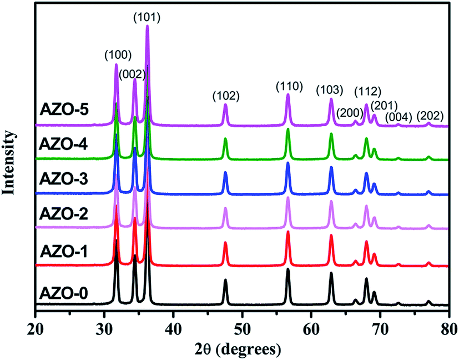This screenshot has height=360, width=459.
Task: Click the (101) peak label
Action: click(x=148, y=17)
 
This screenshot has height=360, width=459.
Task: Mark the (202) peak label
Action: click(x=430, y=116)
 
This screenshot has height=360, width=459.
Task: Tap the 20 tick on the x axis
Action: click(x=35, y=322)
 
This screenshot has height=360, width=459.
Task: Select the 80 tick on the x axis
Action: click(x=448, y=322)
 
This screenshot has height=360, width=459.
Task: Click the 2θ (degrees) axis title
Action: click(x=242, y=349)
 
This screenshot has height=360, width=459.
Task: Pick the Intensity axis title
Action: click(x=9, y=161)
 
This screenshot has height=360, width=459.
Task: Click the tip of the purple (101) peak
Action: click(x=147, y=26)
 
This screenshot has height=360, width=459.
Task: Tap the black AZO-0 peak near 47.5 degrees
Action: click(x=225, y=280)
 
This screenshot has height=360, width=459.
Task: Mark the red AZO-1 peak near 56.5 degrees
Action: click(x=288, y=232)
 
